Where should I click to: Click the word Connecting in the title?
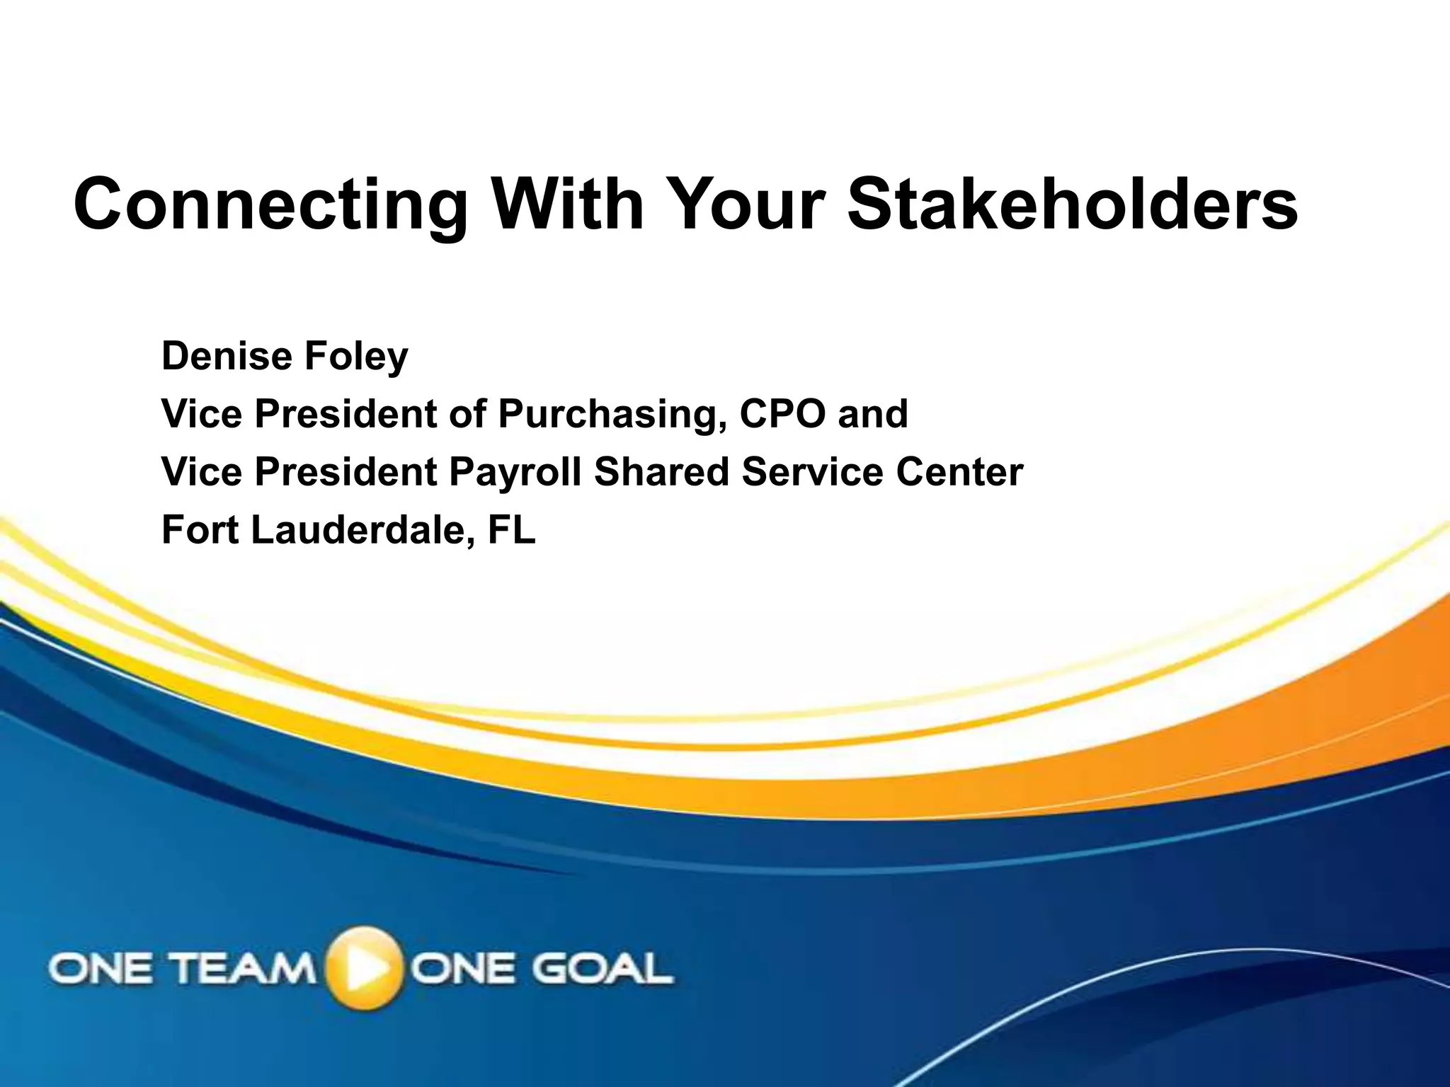pyautogui.click(x=270, y=205)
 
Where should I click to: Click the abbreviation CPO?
pyautogui.click(x=782, y=414)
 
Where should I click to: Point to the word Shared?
pyautogui.click(x=661, y=472)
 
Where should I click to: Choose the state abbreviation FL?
pyautogui.click(x=511, y=530)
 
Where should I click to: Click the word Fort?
pyautogui.click(x=200, y=530)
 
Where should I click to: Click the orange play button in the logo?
pyautogui.click(x=364, y=967)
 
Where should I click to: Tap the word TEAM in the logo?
pyautogui.click(x=244, y=968)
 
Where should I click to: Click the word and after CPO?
pyautogui.click(x=872, y=414)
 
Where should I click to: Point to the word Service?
pyautogui.click(x=812, y=472)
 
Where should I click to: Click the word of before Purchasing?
pyautogui.click(x=467, y=414)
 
